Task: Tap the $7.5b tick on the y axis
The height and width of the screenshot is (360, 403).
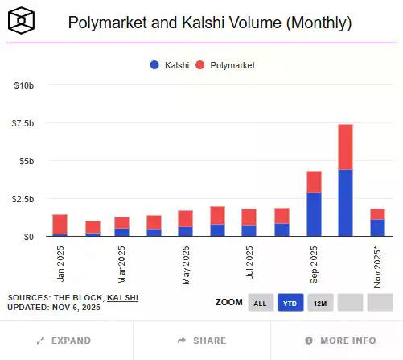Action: [23, 123]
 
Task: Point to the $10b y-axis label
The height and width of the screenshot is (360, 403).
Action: [24, 85]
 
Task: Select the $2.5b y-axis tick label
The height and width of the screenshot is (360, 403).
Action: [23, 198]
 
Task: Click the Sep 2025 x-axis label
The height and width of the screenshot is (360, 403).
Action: [314, 263]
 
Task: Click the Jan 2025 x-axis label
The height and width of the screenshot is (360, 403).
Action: [61, 263]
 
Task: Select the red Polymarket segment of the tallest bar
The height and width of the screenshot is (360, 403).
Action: [345, 147]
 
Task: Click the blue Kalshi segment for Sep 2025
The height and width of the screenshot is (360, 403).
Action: [314, 214]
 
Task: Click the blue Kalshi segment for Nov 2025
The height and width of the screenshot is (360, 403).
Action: [377, 227]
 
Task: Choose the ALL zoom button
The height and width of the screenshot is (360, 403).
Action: [260, 303]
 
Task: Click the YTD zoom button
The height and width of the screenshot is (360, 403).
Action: [290, 303]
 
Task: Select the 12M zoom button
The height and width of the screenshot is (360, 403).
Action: [319, 303]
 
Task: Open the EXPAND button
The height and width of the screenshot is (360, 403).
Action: [64, 341]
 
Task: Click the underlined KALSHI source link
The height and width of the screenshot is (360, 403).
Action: [122, 297]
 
